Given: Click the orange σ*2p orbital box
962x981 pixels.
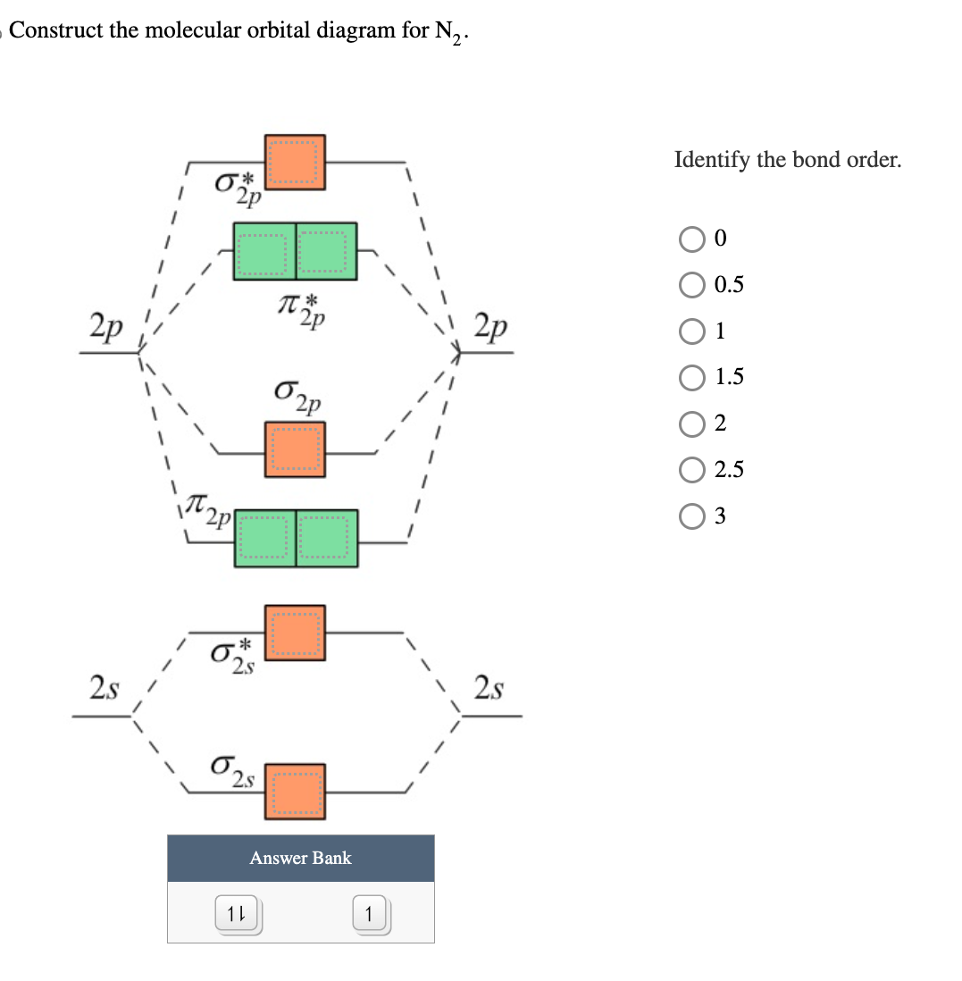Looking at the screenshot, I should (295, 163).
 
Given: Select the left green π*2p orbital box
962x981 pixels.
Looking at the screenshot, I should (264, 251).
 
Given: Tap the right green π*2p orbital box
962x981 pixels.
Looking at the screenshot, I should (326, 251).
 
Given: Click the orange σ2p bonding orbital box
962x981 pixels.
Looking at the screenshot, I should (295, 449).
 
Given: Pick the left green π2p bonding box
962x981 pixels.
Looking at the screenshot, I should (265, 538).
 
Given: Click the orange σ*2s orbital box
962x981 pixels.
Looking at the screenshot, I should (295, 633).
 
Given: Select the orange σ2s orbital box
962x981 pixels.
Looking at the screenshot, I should (295, 791).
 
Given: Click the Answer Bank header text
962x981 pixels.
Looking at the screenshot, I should (300, 858).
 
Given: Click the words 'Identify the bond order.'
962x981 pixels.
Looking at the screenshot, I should (788, 161).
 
